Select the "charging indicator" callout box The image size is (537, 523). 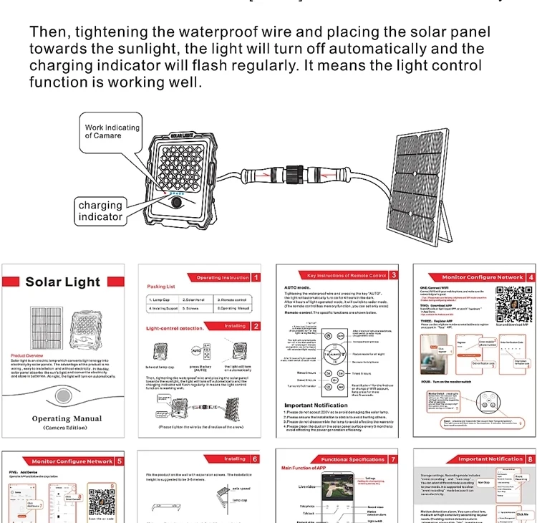(101, 211)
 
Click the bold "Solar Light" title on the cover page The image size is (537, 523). (63, 282)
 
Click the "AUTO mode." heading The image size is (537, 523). (291, 286)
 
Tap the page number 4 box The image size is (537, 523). (530, 277)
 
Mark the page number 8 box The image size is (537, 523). (530, 459)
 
